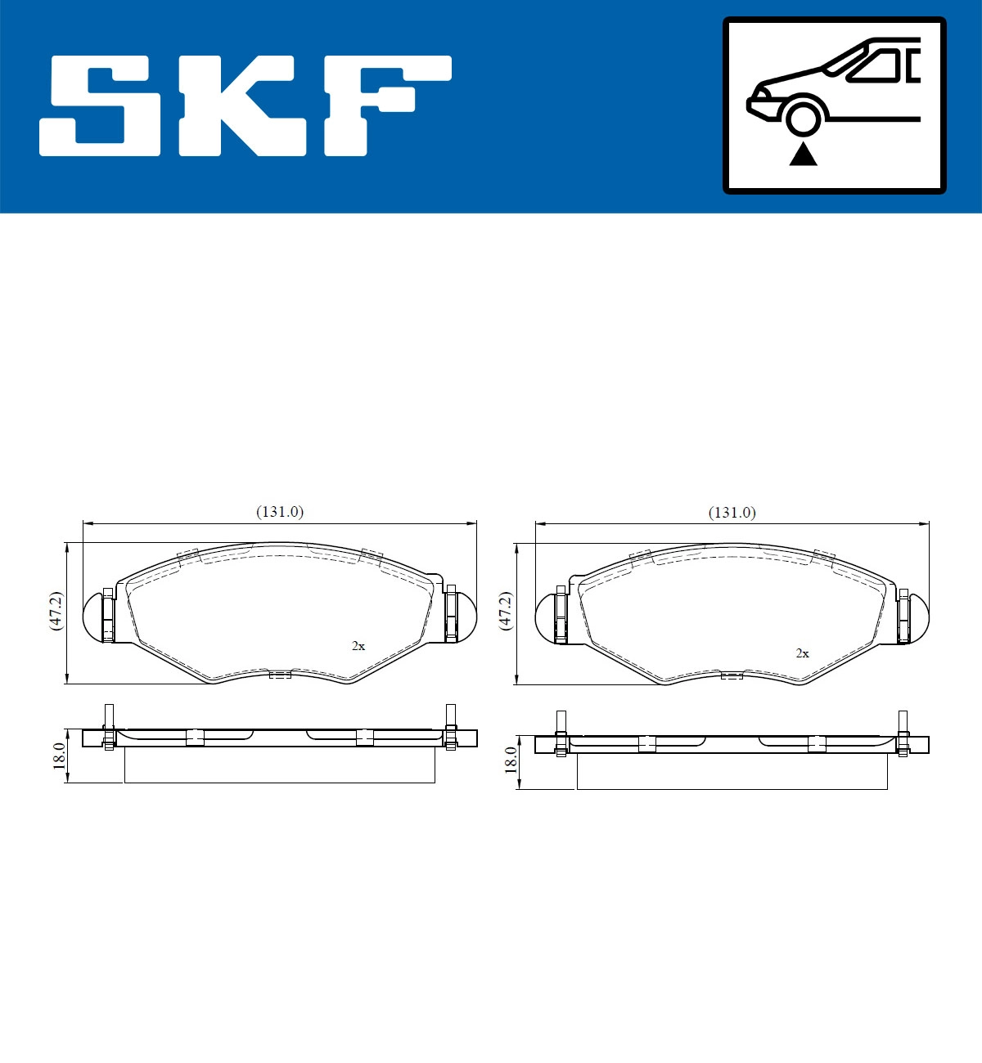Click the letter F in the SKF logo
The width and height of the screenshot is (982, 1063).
385,105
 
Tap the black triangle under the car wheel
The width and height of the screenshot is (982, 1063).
803,154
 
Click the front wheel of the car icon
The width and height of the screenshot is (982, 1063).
803,116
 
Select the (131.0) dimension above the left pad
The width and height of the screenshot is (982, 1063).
280,512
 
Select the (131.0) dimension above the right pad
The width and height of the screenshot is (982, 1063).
732,513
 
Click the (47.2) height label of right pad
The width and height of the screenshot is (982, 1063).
506,610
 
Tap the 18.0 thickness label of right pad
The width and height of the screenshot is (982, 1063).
511,760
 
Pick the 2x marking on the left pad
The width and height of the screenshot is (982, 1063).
358,646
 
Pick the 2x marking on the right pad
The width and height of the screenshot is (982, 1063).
802,653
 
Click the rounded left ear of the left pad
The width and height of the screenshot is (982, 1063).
94,615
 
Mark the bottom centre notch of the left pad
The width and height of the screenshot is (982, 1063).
280,675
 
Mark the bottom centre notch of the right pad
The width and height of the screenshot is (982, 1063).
732,675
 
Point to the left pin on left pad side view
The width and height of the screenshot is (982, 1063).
109,726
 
